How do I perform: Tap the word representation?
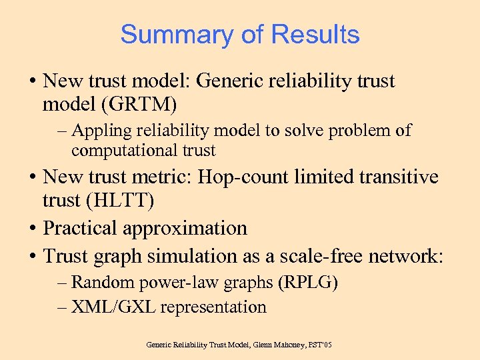click(x=213, y=307)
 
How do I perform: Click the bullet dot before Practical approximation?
click(x=32, y=229)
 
